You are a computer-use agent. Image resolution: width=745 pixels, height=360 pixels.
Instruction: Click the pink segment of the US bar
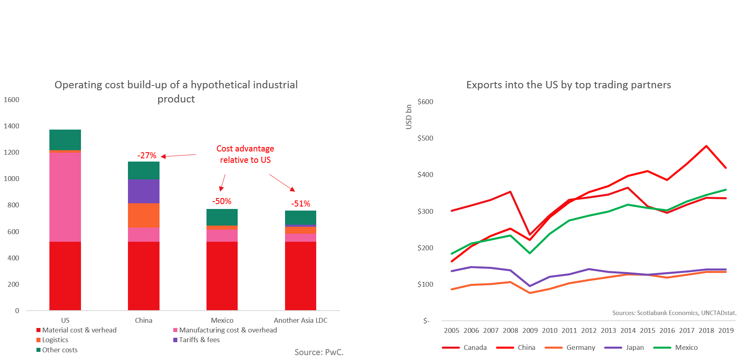[x=65, y=197]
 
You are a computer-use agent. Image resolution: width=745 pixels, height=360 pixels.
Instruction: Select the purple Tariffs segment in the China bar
[x=143, y=191]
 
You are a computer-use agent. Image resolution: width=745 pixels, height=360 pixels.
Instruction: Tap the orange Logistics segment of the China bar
[x=143, y=215]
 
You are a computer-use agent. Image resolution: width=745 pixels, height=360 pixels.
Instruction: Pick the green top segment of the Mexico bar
[x=222, y=217]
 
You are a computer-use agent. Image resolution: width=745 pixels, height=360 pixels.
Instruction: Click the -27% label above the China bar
[x=147, y=156]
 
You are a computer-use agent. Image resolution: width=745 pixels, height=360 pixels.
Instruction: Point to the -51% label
[x=300, y=204]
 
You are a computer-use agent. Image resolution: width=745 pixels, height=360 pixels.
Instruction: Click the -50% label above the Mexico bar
[x=222, y=201]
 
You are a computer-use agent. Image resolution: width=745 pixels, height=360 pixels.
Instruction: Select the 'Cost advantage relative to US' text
[x=245, y=154]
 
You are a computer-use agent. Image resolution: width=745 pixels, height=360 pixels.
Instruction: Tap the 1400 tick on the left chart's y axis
[x=11, y=126]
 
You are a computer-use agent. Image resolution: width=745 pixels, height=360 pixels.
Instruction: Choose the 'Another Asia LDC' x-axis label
[x=300, y=320]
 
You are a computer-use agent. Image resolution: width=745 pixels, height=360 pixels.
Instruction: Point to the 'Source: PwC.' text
[x=319, y=352]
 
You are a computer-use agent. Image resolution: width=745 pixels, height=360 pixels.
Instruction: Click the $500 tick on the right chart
[x=425, y=138]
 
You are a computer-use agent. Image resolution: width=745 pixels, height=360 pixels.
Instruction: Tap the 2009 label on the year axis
[x=530, y=330]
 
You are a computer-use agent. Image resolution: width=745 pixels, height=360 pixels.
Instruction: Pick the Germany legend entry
[x=581, y=347]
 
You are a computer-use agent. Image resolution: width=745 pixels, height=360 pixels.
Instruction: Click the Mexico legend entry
[x=686, y=347]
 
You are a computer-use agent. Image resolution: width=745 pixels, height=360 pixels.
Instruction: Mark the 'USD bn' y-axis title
[x=409, y=117]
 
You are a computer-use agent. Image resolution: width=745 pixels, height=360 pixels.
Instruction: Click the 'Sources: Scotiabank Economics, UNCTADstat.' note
[x=674, y=313]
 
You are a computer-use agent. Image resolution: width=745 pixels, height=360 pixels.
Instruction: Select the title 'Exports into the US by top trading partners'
[x=568, y=85]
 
